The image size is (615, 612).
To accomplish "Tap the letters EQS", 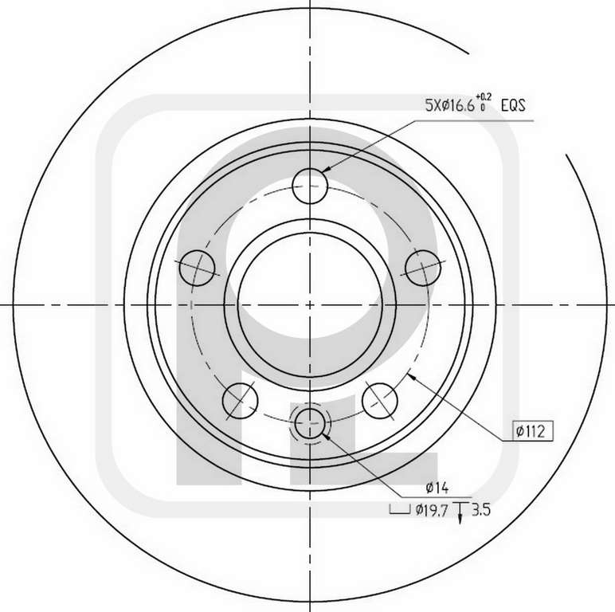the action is (x=513, y=105).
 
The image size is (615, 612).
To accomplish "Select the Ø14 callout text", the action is (x=437, y=488).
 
